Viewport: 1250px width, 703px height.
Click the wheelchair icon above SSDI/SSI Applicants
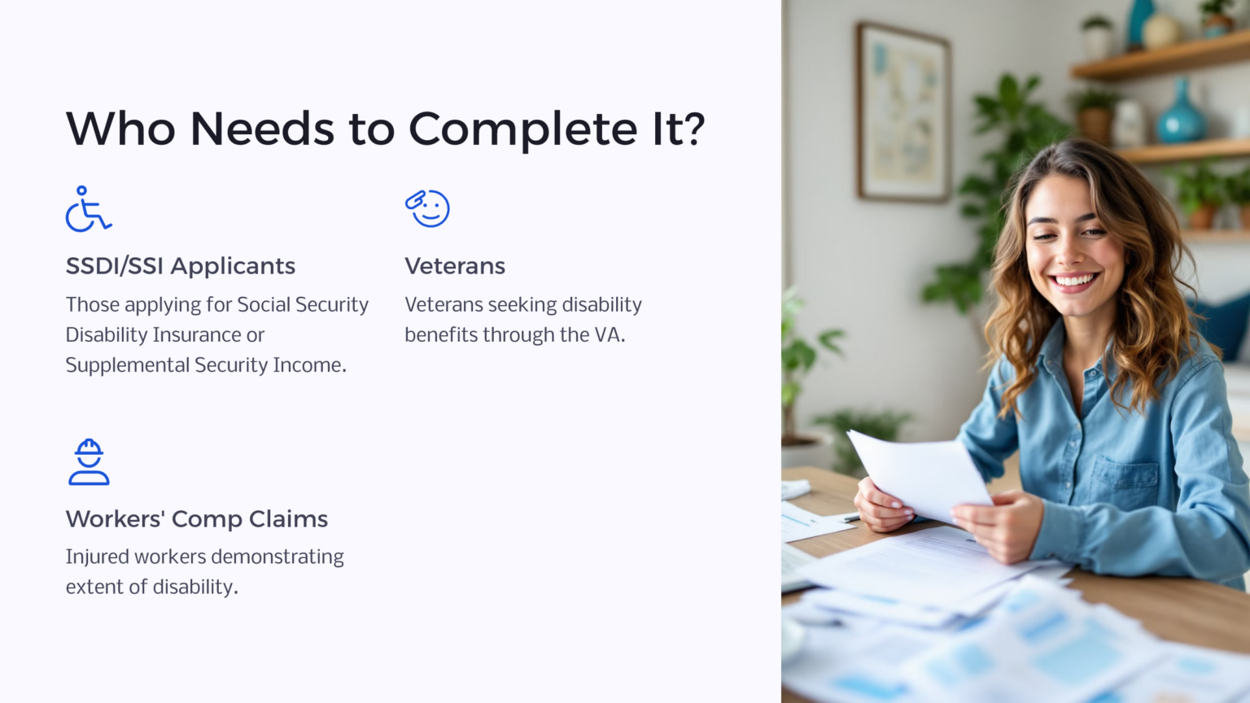click(x=88, y=209)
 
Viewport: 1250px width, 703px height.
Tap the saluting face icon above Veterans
click(x=427, y=208)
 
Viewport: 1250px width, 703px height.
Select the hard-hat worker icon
click(x=89, y=462)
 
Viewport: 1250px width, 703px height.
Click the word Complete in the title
click(x=522, y=129)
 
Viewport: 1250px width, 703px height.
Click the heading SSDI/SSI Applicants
click(x=180, y=266)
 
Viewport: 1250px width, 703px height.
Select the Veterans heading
click(x=454, y=266)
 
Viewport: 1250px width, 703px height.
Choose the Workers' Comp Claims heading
click(x=196, y=519)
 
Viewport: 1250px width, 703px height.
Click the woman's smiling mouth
click(x=1074, y=282)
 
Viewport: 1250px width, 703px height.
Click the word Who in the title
click(x=120, y=129)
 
